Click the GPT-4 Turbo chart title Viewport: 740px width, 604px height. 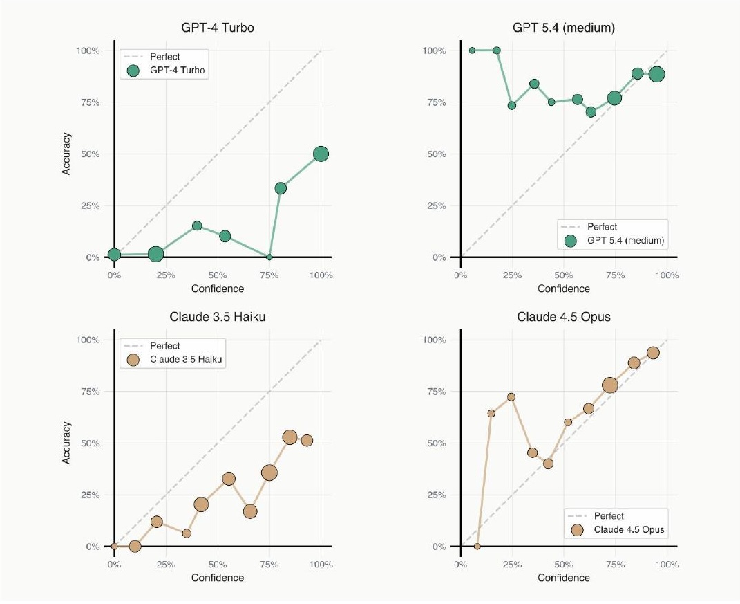(x=217, y=29)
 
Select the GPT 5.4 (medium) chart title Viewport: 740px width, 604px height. (x=563, y=29)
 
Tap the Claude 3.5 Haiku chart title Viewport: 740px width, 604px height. (x=217, y=318)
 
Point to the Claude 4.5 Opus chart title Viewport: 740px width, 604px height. (x=563, y=318)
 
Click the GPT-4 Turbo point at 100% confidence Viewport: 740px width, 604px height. (x=321, y=154)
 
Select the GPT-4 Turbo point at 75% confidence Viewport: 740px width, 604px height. (x=269, y=257)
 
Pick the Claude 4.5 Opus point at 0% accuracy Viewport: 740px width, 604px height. (x=477, y=546)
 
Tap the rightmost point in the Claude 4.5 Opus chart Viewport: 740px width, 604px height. (x=653, y=353)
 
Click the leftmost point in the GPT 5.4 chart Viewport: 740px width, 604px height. (x=472, y=51)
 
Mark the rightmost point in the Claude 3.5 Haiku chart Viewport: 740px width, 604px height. (x=307, y=441)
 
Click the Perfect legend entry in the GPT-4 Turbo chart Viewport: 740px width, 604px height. (x=164, y=57)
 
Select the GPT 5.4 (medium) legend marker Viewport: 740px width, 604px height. (x=570, y=241)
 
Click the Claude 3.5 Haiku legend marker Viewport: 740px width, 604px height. (x=133, y=360)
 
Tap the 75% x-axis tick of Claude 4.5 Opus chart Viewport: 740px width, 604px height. (x=615, y=565)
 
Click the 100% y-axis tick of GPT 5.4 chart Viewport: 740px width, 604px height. (x=435, y=51)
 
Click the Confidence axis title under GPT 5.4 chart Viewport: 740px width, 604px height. (x=564, y=288)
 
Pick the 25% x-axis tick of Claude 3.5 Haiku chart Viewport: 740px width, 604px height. (x=166, y=565)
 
